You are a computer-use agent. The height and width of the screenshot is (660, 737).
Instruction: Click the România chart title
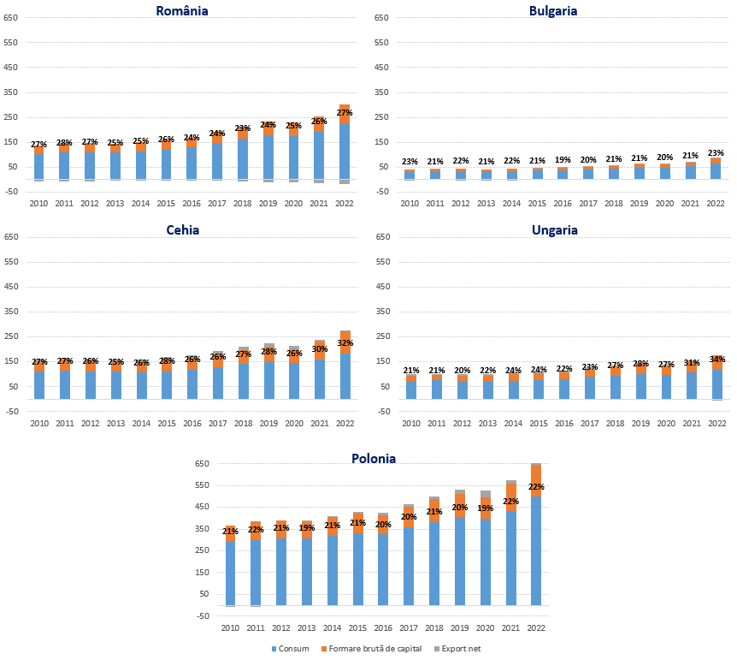click(x=182, y=11)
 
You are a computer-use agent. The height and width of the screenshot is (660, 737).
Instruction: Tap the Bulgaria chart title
click(x=553, y=11)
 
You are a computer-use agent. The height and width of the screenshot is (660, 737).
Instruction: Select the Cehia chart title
click(x=182, y=230)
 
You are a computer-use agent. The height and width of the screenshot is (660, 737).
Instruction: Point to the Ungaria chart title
click(x=554, y=230)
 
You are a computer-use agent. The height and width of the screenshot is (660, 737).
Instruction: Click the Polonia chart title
click(x=374, y=459)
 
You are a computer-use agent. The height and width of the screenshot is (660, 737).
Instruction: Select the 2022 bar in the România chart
click(x=345, y=146)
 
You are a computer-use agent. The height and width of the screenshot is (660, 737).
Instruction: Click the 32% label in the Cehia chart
click(x=345, y=343)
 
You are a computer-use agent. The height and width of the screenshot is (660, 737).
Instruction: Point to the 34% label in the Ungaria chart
click(x=716, y=360)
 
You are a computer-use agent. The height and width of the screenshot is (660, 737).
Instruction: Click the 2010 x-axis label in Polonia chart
click(x=230, y=628)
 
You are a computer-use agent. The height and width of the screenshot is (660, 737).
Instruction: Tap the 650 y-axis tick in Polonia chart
click(x=202, y=464)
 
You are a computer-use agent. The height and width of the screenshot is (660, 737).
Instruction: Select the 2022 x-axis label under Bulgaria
click(x=716, y=204)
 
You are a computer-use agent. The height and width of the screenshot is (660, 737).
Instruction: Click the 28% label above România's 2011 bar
click(x=64, y=143)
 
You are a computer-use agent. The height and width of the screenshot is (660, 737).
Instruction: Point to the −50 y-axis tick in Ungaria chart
click(x=381, y=412)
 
